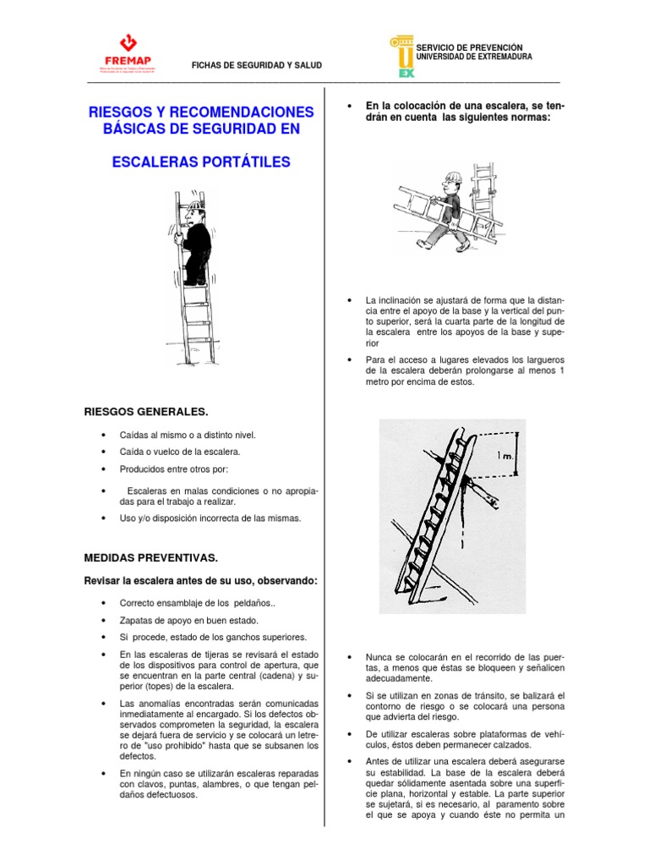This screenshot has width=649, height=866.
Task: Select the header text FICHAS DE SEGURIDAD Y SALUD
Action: pyautogui.click(x=257, y=65)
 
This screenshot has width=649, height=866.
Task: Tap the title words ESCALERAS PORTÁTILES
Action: pyautogui.click(x=201, y=162)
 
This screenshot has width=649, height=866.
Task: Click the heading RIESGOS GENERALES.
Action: pyautogui.click(x=146, y=412)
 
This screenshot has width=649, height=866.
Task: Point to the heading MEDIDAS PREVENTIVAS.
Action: pyautogui.click(x=151, y=558)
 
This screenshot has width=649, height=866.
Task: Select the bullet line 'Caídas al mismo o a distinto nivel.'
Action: pyautogui.click(x=187, y=435)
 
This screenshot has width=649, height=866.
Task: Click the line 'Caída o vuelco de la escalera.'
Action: pyautogui.click(x=180, y=452)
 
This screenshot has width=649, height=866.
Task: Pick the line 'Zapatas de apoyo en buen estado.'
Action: pyautogui.click(x=188, y=620)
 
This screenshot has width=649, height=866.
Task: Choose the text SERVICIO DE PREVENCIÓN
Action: pyautogui.click(x=469, y=47)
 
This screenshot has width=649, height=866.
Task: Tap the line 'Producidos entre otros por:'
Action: pyautogui.click(x=173, y=469)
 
